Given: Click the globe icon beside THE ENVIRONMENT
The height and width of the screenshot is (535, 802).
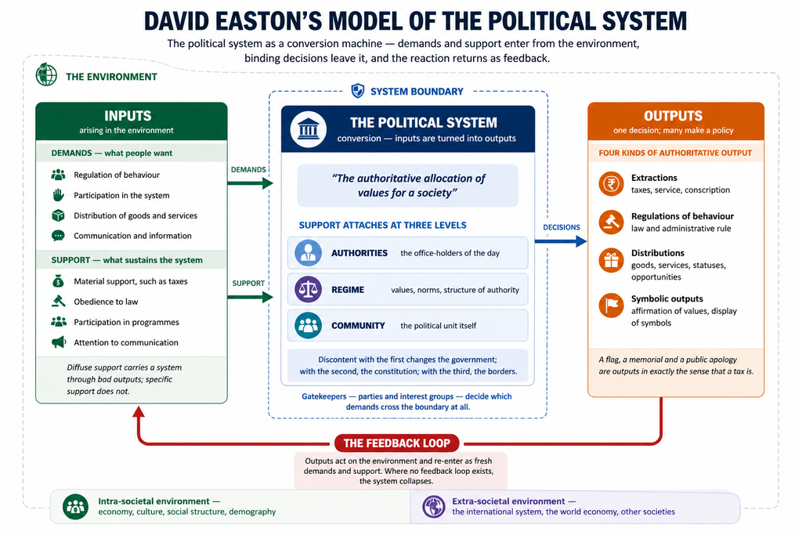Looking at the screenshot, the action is (x=46, y=74).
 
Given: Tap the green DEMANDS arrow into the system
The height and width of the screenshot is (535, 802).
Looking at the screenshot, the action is (x=250, y=183).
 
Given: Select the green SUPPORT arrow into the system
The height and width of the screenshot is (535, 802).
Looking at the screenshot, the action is (x=250, y=297).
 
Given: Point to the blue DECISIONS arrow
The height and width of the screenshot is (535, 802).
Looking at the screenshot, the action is (x=561, y=241).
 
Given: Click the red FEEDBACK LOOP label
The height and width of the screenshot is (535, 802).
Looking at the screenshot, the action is (x=397, y=443).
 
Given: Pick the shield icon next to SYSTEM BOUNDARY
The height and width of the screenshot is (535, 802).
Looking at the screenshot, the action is (x=357, y=91).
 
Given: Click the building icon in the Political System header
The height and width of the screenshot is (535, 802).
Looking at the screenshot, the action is (x=309, y=129).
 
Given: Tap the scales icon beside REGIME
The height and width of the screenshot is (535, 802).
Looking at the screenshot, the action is (x=308, y=290).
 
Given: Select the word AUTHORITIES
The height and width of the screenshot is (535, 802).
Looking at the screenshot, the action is (x=359, y=253).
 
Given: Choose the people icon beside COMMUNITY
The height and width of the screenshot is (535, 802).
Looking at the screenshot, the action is (x=308, y=325).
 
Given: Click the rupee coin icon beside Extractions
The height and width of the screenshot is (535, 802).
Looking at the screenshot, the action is (x=611, y=183).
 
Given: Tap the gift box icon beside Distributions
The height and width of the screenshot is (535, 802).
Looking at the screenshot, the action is (x=611, y=260).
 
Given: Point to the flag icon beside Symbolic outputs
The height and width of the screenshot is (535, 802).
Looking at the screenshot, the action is (x=611, y=305).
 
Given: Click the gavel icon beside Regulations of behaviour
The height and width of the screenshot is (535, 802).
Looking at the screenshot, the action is (x=611, y=222).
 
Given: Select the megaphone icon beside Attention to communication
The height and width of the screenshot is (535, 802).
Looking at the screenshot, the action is (x=59, y=342).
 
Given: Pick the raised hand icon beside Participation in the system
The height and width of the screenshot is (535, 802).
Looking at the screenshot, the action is (x=58, y=195).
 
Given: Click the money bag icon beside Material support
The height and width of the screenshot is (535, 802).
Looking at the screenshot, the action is (x=58, y=280).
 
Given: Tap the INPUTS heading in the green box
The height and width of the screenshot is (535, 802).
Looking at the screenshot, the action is (x=128, y=116).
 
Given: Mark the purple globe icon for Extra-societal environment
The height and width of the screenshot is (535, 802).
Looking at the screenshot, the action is (x=434, y=507).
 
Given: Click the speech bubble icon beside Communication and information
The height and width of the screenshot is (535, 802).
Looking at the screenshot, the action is (x=58, y=236).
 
